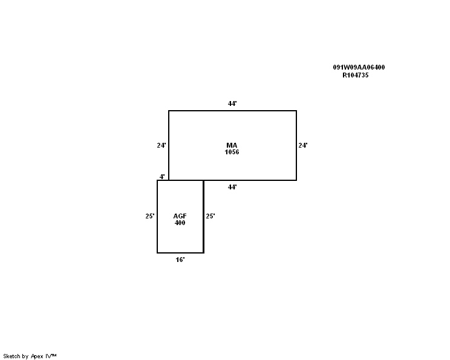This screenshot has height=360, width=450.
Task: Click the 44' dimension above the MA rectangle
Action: click(x=232, y=103)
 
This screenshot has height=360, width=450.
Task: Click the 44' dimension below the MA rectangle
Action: click(x=232, y=187)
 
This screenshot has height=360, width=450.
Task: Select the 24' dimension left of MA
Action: click(x=161, y=145)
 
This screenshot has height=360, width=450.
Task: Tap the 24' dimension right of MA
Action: click(x=303, y=145)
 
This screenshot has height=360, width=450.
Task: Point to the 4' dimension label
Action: click(x=162, y=177)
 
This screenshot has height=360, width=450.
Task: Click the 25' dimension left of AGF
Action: click(x=150, y=216)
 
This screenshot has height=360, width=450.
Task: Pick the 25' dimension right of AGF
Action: click(x=210, y=216)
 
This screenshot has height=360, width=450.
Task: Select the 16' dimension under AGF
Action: click(x=180, y=260)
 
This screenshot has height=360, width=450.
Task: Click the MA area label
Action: click(x=232, y=145)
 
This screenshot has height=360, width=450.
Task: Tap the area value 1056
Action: click(x=232, y=152)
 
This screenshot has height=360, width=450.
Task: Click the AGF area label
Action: click(x=180, y=216)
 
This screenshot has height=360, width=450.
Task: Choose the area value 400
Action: click(x=180, y=223)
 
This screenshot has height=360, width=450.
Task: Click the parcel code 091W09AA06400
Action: click(x=359, y=67)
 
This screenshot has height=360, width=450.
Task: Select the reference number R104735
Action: click(x=356, y=75)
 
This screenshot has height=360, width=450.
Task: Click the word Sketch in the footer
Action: click(x=11, y=356)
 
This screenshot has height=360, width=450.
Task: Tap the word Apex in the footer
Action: click(x=37, y=356)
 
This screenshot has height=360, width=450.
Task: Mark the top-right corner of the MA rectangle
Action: click(x=296, y=111)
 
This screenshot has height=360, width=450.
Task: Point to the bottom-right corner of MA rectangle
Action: click(x=296, y=180)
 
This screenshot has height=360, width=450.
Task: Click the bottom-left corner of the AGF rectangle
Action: click(x=157, y=253)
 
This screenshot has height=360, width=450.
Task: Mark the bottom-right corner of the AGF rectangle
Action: click(x=204, y=253)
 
